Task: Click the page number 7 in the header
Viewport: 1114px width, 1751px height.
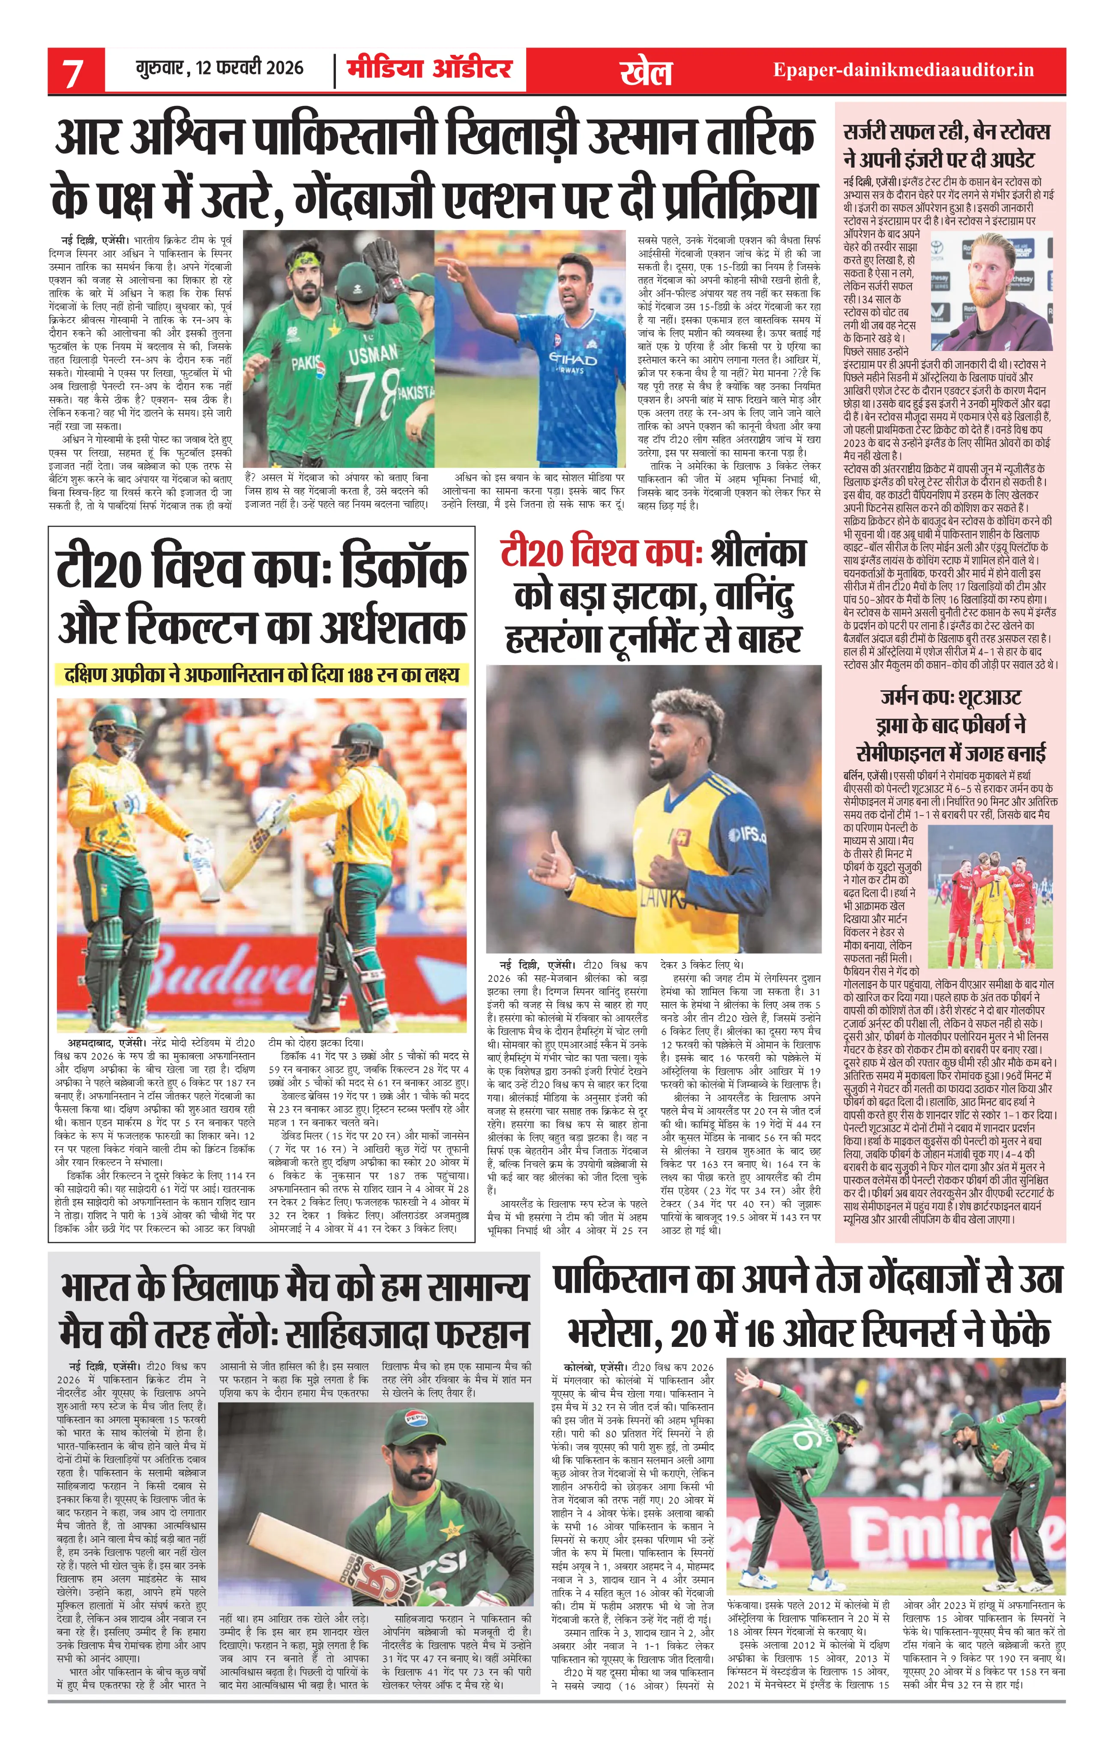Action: (x=73, y=73)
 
